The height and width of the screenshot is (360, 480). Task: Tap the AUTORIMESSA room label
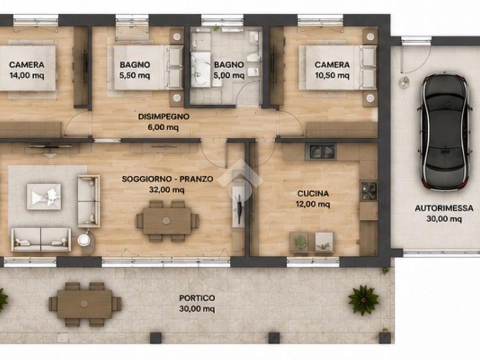444,208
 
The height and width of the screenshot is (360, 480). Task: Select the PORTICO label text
197,298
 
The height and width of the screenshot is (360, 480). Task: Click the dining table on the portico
85,304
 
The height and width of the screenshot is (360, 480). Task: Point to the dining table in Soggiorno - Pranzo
167,221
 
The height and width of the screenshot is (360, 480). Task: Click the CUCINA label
313,194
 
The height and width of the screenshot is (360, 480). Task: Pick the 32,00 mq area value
167,190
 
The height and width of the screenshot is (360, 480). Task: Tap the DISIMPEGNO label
164,117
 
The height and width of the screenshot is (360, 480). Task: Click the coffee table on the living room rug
44,197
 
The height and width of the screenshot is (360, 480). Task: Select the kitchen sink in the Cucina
320,152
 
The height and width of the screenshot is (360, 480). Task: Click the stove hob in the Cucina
368,190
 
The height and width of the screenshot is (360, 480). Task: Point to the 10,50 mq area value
332,75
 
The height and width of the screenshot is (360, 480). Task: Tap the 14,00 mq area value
27,75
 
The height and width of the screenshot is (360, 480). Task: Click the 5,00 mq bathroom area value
229,75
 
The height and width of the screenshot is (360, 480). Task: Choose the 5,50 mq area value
135,75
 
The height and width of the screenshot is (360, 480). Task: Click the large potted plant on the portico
363,300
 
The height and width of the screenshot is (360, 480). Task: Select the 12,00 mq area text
313,204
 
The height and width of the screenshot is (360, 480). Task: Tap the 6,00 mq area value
163,127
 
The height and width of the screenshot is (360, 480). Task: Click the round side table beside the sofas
84,240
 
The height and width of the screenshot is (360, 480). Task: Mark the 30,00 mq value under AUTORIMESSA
444,219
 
